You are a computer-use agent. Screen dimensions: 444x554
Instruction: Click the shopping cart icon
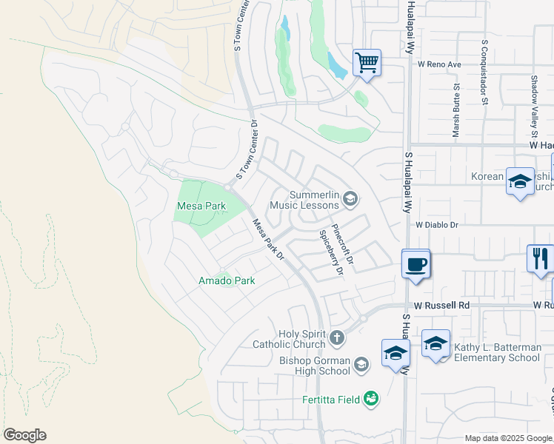pos(367,62)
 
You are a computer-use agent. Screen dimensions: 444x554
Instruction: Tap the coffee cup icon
pos(415,263)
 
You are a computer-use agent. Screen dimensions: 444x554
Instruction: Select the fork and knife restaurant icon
pos(540,258)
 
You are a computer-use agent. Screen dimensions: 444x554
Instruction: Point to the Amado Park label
pos(226,280)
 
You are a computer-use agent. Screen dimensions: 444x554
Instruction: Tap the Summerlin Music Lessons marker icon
pos(350,198)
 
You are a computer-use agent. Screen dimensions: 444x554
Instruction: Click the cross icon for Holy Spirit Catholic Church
pos(337,338)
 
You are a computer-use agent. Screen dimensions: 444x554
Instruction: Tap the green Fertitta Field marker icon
pos(370,400)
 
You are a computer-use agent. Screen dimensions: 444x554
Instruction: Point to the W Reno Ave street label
pos(439,64)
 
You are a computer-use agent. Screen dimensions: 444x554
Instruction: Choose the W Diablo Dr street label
pos(438,224)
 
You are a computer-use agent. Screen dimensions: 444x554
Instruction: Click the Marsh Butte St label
pos(456,111)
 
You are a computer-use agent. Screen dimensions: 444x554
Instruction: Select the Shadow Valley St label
pos(533,106)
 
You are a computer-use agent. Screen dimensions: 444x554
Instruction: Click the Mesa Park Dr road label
pos(268,239)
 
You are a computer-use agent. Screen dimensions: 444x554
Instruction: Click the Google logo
pos(24,435)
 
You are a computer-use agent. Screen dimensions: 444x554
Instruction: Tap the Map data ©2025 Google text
pos(508,438)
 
